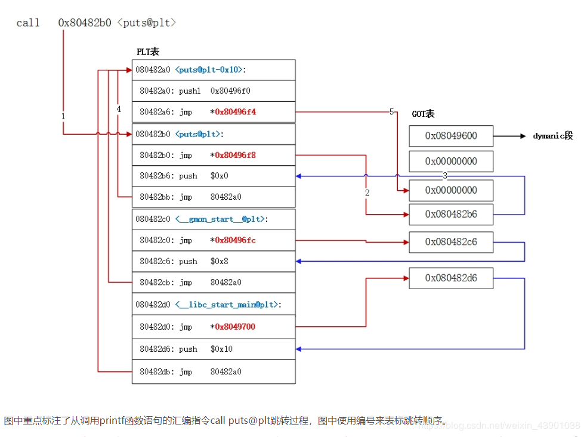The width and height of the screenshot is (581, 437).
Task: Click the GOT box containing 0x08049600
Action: click(x=451, y=136)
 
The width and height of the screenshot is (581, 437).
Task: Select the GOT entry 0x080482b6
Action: click(x=451, y=214)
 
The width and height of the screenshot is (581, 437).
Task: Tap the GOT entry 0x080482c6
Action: click(x=451, y=242)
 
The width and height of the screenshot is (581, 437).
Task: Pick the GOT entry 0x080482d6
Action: click(x=451, y=278)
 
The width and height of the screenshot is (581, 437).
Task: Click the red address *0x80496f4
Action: click(x=235, y=112)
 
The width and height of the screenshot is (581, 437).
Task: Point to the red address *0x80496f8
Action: click(x=235, y=155)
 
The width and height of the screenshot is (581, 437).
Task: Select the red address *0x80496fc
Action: click(x=235, y=240)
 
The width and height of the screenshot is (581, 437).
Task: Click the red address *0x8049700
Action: click(x=235, y=327)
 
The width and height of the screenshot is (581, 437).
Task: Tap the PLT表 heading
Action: click(x=148, y=52)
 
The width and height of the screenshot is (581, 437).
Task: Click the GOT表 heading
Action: click(x=424, y=114)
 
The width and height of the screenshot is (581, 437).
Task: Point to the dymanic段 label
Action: click(x=553, y=136)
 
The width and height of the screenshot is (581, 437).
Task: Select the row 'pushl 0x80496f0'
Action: click(x=195, y=91)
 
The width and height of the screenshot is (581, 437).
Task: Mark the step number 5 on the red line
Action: click(x=392, y=111)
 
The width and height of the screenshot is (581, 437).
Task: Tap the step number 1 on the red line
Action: click(x=63, y=116)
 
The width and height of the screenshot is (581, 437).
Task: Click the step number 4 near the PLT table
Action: click(x=119, y=109)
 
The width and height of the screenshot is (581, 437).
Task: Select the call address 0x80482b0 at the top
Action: click(x=84, y=23)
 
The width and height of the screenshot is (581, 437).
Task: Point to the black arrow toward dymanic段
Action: click(x=510, y=136)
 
